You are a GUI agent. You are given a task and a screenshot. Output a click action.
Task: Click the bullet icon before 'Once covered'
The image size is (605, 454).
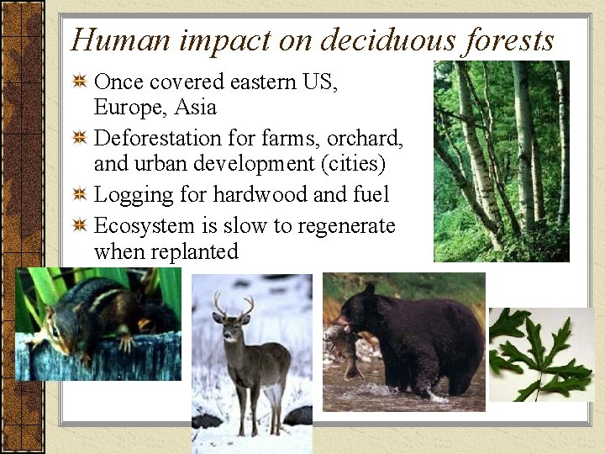pyautogui.click(x=80, y=82)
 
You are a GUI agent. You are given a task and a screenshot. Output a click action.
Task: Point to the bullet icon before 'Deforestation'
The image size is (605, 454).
pyautogui.click(x=80, y=138)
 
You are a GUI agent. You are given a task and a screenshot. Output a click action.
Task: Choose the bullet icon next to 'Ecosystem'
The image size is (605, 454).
pyautogui.click(x=80, y=225)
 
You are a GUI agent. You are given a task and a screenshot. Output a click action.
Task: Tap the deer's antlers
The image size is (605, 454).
pyautogui.click(x=233, y=304)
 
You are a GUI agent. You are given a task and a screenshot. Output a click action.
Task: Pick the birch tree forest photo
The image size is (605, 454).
pyautogui.click(x=501, y=161)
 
